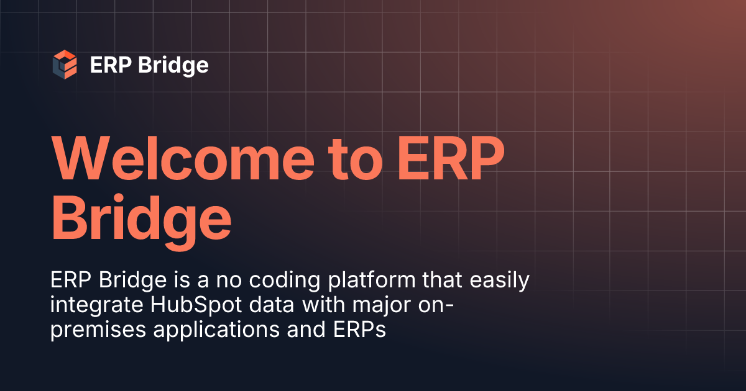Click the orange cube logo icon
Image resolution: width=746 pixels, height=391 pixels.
tap(65, 65)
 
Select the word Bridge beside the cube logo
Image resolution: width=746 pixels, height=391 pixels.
tap(173, 65)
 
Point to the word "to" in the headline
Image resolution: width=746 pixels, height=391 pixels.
tap(354, 160)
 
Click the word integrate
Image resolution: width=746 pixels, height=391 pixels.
tap(86, 305)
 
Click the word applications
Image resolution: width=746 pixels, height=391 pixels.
tap(216, 330)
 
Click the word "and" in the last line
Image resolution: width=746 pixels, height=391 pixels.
tap(302, 330)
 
